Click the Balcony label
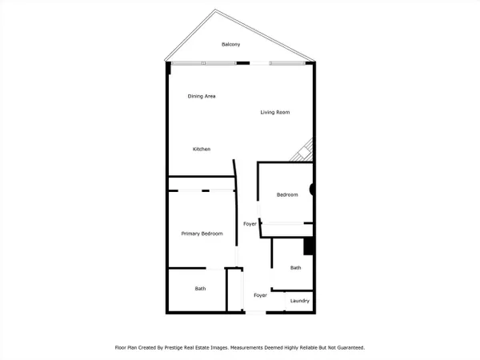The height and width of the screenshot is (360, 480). (x=231, y=44)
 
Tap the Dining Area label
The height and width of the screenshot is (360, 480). (x=202, y=96)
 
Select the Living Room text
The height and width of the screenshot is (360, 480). (x=275, y=112)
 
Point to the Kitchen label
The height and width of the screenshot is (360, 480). (x=202, y=149)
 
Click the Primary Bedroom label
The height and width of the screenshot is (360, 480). (x=202, y=234)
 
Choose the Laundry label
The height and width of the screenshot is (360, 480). (x=300, y=301)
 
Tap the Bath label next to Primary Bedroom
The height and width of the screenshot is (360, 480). (x=200, y=289)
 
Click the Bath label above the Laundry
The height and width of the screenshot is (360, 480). (x=295, y=268)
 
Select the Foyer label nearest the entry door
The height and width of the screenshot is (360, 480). (x=260, y=295)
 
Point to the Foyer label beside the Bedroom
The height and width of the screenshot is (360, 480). (x=250, y=224)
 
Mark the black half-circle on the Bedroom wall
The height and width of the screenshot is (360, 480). (x=311, y=190)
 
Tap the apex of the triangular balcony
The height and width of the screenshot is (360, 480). (x=215, y=10)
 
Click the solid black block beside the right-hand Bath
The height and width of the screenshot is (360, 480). (x=308, y=246)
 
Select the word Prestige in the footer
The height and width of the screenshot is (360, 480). (x=174, y=348)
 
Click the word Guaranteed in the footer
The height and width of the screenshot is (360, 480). (x=350, y=348)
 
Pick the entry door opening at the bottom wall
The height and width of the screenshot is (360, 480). (x=256, y=313)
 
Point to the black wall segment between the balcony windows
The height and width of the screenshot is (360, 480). (x=243, y=63)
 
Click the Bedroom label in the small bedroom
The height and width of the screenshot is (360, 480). (x=287, y=194)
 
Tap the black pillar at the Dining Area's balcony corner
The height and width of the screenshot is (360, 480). (x=168, y=68)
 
